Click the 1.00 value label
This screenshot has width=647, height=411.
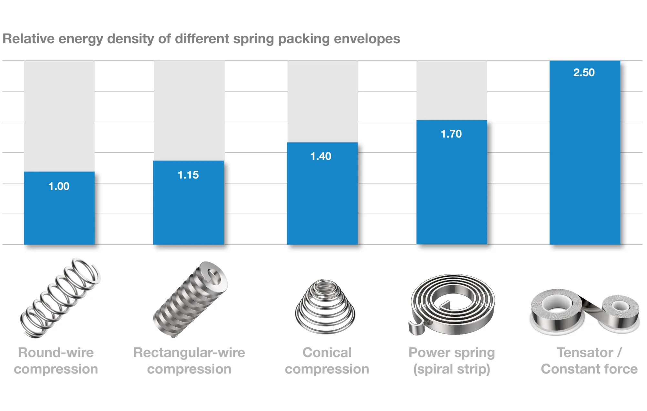coord(59,186)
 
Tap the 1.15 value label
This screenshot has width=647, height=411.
coord(188,175)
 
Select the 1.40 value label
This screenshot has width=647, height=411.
coord(321,156)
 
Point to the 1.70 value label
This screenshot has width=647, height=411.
coord(451,134)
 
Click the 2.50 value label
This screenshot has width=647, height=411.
coord(584,73)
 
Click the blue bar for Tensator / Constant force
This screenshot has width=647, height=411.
coord(585,161)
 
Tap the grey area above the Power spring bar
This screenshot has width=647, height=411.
coord(452,90)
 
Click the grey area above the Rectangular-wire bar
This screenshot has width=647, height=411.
coord(189,110)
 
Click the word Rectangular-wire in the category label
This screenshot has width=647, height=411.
coord(189,353)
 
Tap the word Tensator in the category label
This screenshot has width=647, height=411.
coord(585,353)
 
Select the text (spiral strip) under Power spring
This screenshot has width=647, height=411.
coord(452,369)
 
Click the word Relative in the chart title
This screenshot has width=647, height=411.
coord(29,39)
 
